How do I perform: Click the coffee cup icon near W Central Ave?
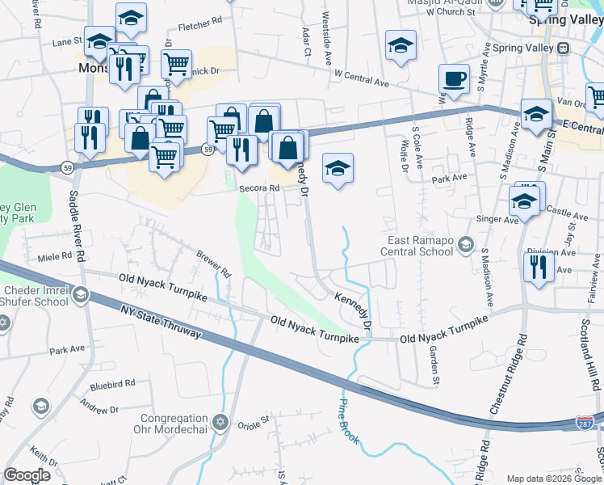(454, 80)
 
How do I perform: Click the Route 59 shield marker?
(208, 150)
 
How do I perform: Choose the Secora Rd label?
(259, 188)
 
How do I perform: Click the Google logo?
(27, 475)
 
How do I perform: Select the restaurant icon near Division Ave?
(538, 267)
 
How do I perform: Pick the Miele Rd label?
(55, 257)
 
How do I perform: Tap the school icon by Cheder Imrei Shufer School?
(80, 296)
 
